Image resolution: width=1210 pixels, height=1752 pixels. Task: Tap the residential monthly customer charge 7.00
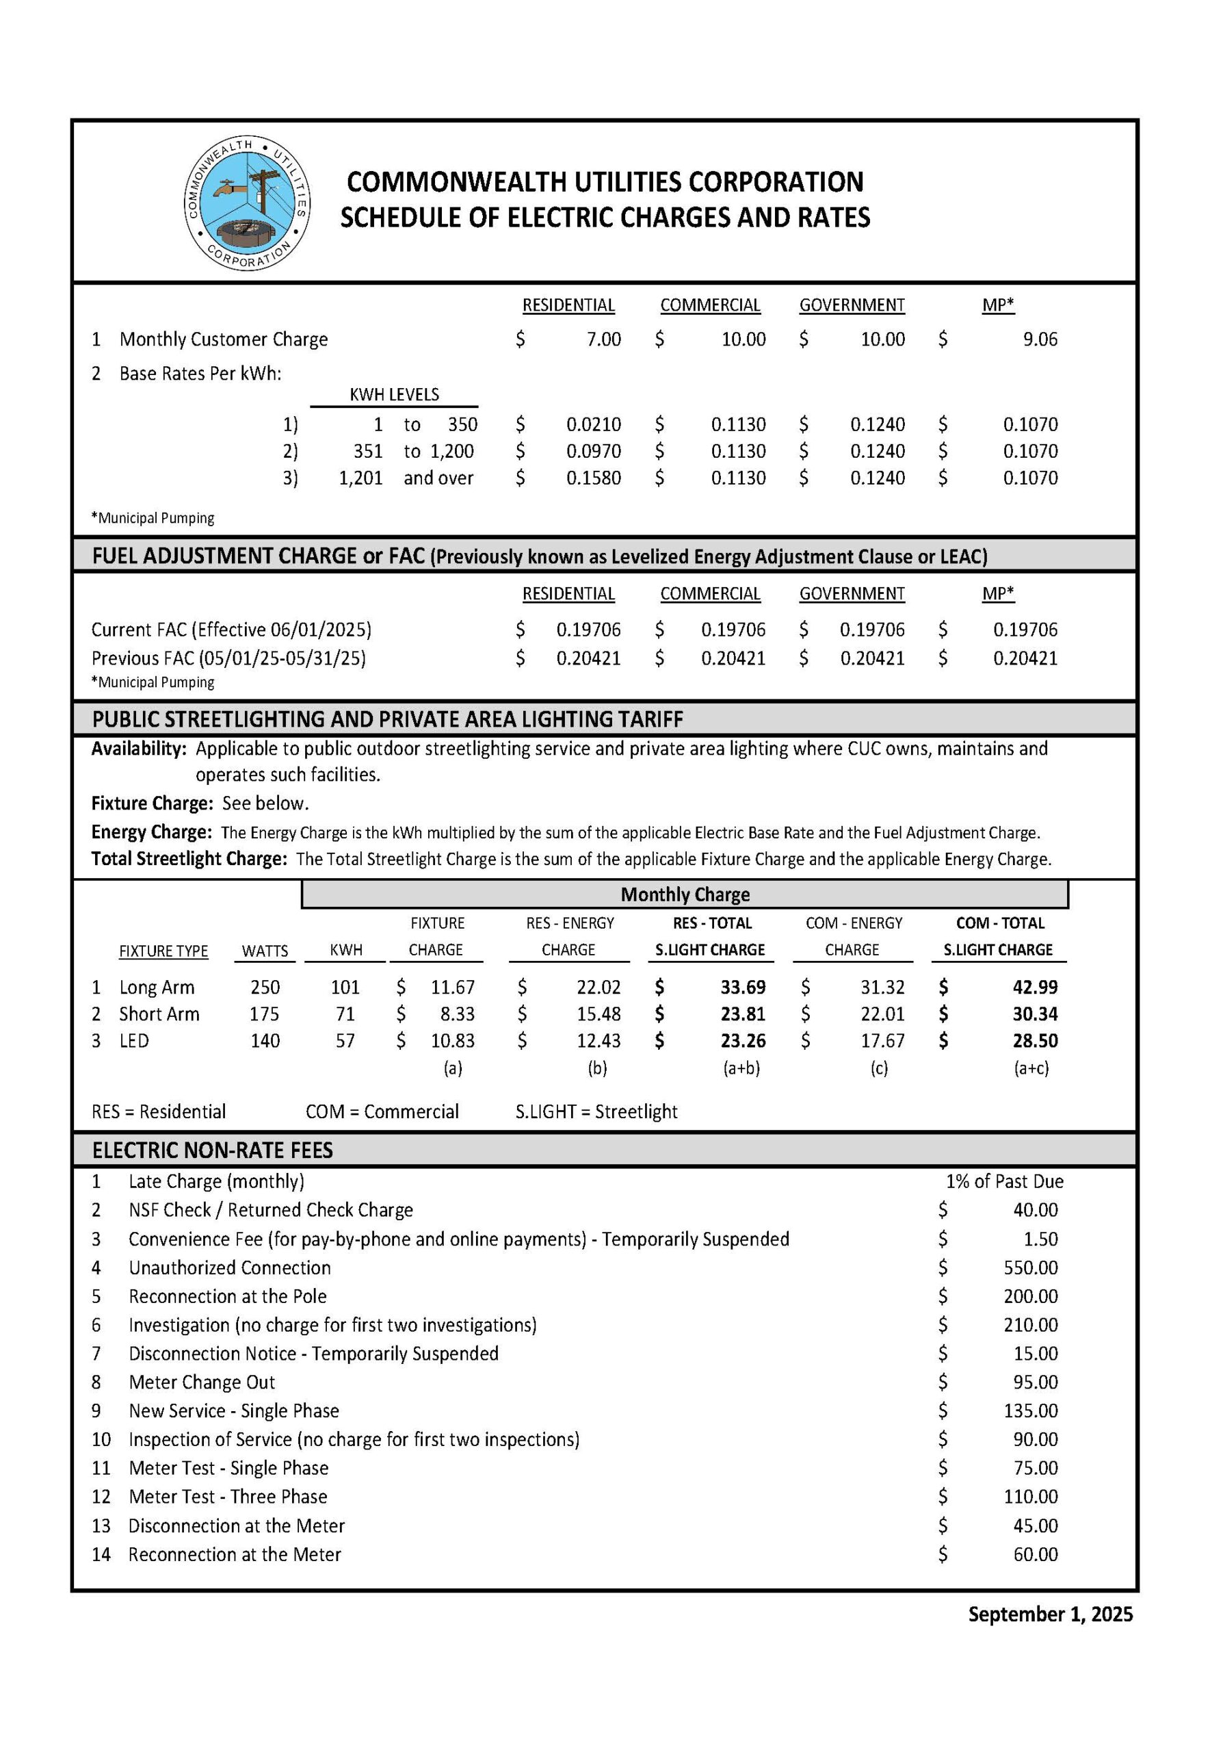pos(603,339)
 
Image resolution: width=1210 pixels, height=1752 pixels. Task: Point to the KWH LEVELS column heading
pos(393,394)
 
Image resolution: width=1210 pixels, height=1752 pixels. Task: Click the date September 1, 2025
pos(1050,1614)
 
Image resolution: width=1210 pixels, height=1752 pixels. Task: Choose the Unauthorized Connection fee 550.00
pos(1030,1267)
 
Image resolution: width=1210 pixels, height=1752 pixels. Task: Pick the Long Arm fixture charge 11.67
pos(453,987)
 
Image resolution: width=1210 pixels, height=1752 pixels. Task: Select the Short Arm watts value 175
pos(265,1014)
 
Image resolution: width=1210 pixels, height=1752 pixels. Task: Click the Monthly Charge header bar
pos(685,894)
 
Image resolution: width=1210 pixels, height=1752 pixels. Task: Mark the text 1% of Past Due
pos(1005,1181)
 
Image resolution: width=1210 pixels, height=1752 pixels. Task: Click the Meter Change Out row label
pos(202,1382)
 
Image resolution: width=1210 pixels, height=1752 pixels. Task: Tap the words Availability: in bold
pos(139,749)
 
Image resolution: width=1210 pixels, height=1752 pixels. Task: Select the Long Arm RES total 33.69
pos(743,987)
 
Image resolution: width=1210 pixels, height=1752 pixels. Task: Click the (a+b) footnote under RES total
pos(741,1068)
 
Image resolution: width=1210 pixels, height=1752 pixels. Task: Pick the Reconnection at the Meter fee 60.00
pos(1035,1554)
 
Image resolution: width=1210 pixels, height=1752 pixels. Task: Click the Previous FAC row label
pos(228,658)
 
